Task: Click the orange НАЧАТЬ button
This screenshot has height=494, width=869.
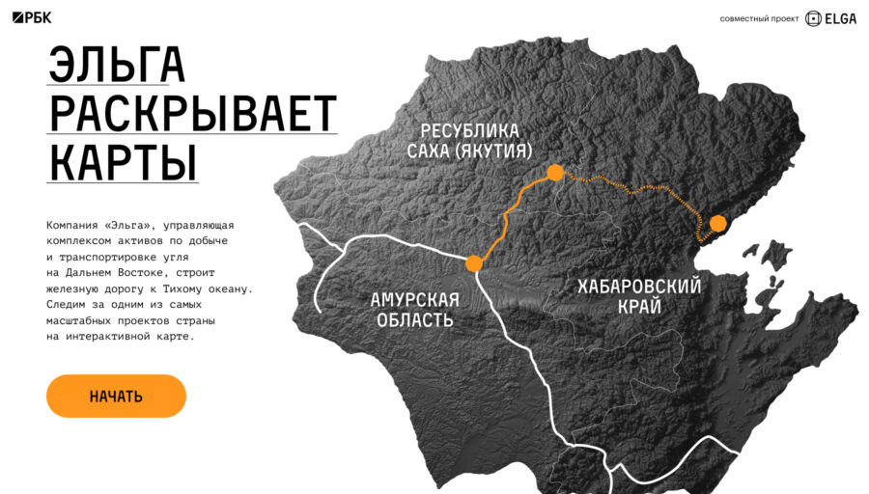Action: pos(116,396)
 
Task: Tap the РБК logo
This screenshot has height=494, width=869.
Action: pos(33,18)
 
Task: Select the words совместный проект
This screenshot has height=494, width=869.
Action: pos(759,18)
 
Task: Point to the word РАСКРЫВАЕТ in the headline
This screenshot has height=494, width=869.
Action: pos(192,114)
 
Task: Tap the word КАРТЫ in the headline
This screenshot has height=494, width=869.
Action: pos(123,161)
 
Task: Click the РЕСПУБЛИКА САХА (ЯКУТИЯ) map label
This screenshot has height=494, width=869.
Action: pos(469,141)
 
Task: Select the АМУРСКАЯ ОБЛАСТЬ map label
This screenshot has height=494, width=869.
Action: pos(414,309)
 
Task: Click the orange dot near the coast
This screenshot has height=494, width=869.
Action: pos(717,223)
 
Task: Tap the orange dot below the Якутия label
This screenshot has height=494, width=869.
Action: pos(554,173)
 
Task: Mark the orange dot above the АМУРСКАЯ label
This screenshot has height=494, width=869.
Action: pos(473,262)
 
